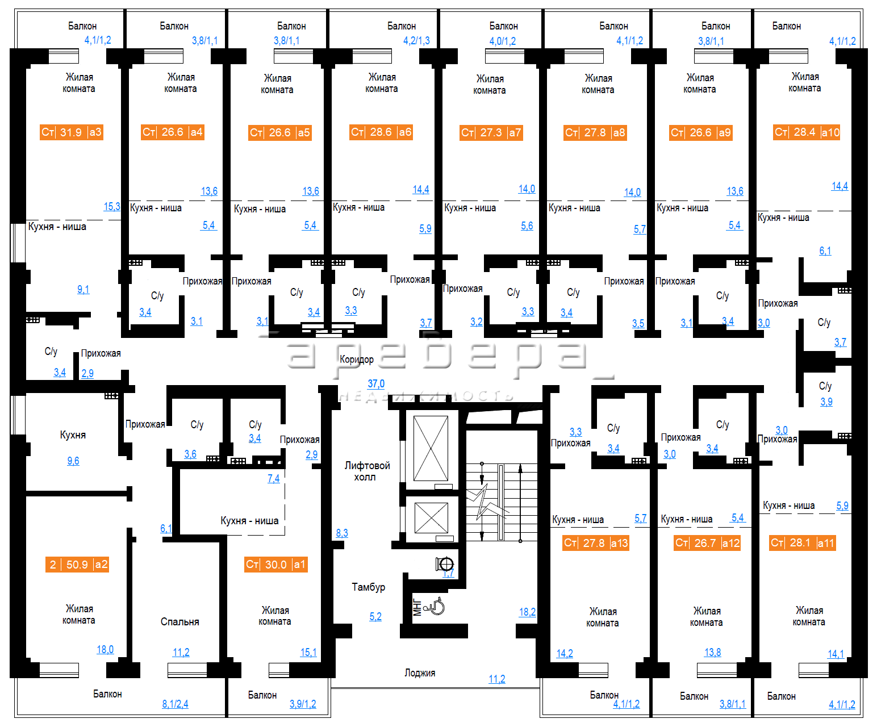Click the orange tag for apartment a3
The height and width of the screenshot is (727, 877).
72,132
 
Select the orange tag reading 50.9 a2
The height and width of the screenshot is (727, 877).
77,565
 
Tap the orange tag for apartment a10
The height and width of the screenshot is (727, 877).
807,132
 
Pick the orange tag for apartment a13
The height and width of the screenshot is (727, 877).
596,543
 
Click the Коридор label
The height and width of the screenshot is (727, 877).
357,360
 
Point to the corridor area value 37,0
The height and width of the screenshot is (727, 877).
376,383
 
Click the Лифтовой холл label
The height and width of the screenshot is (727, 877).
367,471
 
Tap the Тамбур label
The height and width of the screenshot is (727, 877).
369,587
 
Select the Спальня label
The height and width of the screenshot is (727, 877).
179,621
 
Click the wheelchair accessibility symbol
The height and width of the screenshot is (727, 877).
435,607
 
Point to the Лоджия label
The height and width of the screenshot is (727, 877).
420,673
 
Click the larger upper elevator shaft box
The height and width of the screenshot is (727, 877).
431,448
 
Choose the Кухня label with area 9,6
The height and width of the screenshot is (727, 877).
73,434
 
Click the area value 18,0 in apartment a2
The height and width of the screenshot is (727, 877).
105,650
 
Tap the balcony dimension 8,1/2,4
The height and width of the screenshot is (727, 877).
175,704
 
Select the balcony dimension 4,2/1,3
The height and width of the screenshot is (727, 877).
416,41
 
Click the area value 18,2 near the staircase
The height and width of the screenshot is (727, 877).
527,612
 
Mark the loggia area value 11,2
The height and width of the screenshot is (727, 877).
496,679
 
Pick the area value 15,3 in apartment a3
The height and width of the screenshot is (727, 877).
112,207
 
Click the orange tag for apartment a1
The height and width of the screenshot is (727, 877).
276,565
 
